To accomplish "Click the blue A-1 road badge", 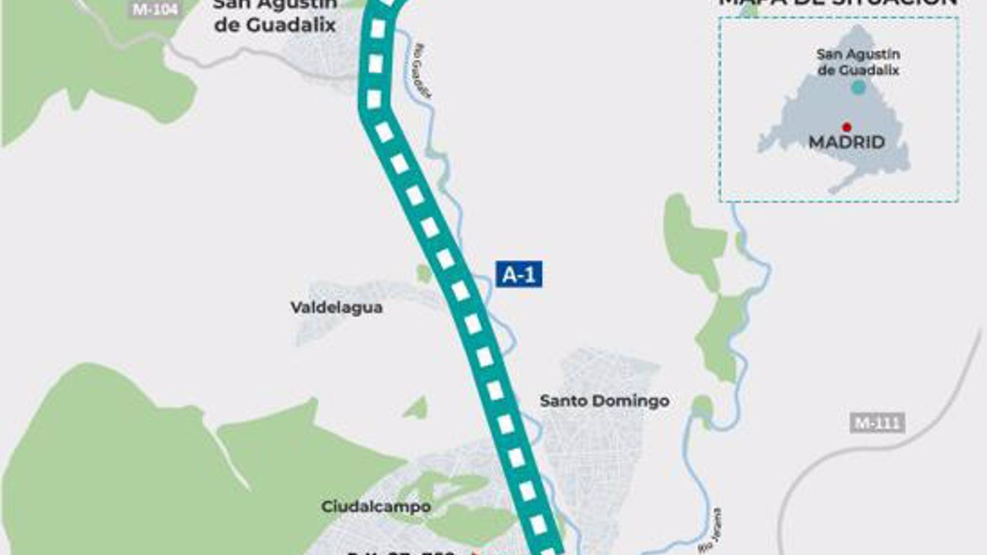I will click(x=519, y=274).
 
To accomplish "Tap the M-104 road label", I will click(x=155, y=9).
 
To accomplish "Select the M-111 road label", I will click(x=877, y=423).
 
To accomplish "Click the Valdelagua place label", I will click(x=336, y=307).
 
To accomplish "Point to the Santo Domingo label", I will click(x=604, y=401).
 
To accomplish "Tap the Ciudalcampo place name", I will click(x=376, y=506).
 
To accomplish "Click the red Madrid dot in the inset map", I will click(x=847, y=127).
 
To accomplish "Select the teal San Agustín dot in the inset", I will click(x=858, y=88).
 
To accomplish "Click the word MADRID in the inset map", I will click(x=846, y=142).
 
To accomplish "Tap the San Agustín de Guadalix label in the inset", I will click(x=858, y=62).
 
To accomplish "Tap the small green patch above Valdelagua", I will click(x=423, y=273).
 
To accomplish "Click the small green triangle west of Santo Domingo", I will click(x=418, y=409).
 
